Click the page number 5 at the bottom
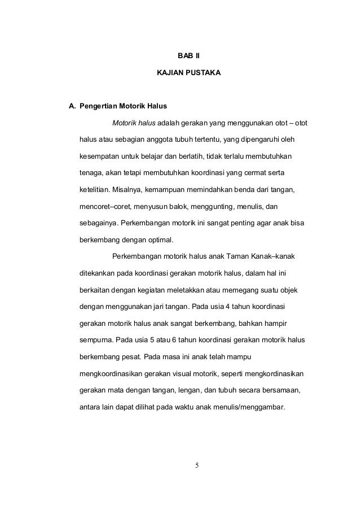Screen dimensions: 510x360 tap(196, 466)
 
